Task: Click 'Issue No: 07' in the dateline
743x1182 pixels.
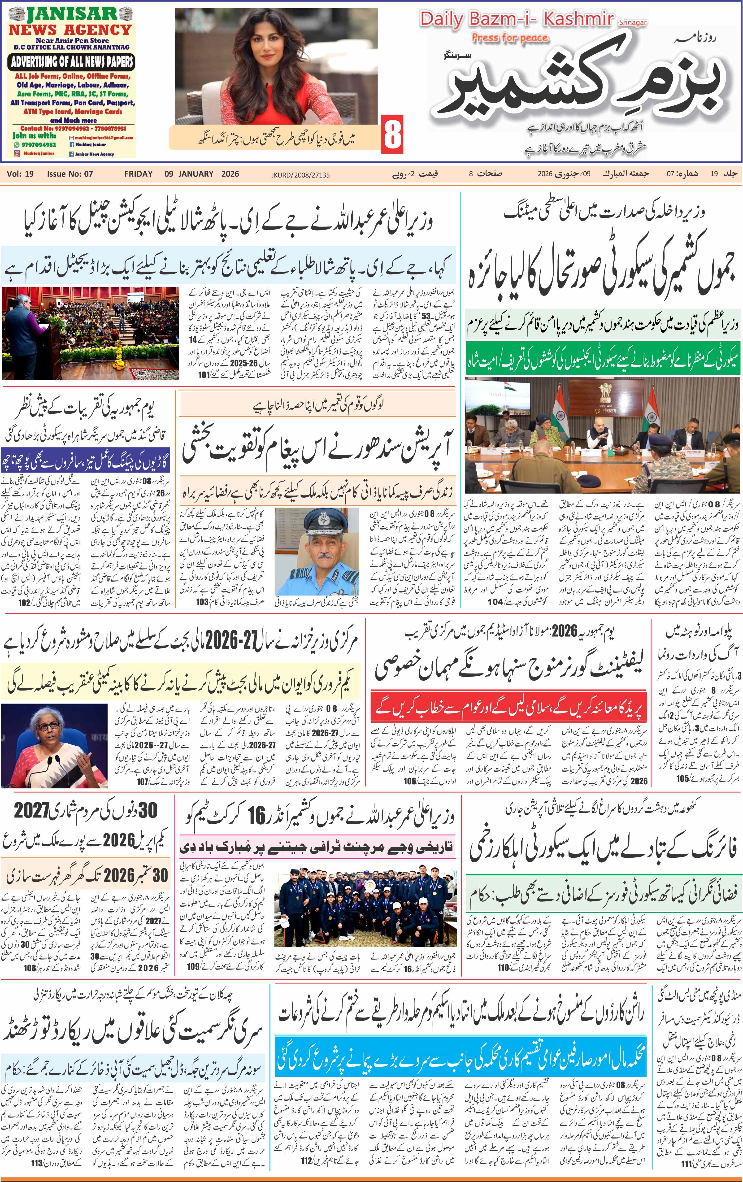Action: (x=70, y=174)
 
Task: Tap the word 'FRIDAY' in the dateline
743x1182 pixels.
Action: (x=138, y=174)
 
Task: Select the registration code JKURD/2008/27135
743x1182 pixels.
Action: (x=300, y=175)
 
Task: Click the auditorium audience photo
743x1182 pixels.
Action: (x=90, y=333)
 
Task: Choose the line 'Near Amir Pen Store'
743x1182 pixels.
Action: (x=72, y=40)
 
